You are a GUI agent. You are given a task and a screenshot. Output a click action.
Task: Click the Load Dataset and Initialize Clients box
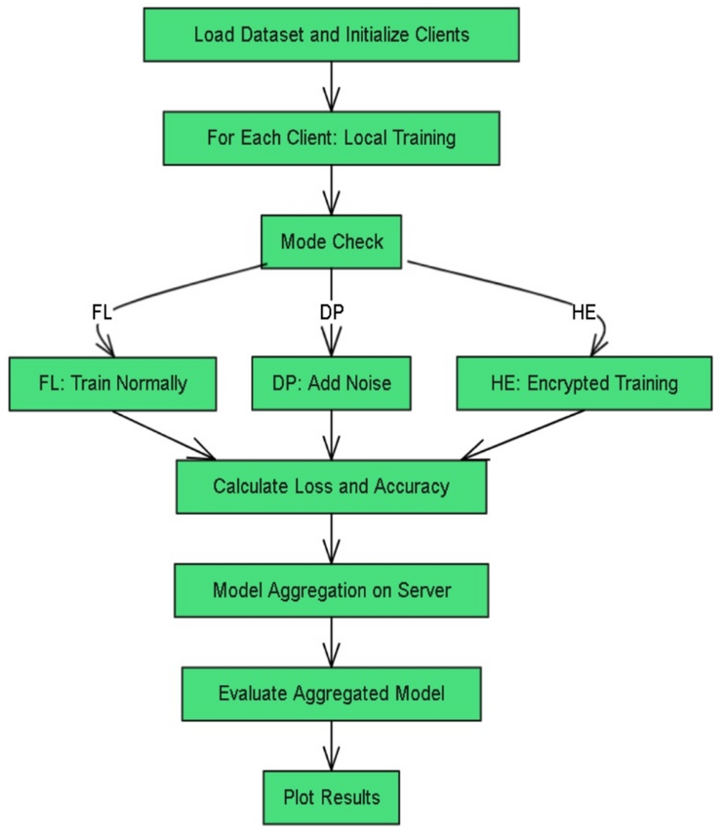[331, 35]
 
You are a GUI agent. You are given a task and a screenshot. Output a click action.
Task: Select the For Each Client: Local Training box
[331, 138]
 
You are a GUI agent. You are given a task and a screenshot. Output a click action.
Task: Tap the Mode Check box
[331, 242]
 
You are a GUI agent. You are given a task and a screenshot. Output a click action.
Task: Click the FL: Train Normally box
[112, 383]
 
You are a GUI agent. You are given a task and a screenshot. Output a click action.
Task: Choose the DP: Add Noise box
[331, 383]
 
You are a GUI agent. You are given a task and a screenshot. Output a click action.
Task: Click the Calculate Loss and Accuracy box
[331, 487]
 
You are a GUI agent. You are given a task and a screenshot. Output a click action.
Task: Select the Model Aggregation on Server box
[331, 590]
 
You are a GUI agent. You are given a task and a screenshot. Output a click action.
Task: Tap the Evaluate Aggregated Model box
[331, 693]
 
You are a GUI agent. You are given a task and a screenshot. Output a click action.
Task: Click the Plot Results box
[331, 797]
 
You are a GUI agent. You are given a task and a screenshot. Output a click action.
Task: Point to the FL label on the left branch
[102, 312]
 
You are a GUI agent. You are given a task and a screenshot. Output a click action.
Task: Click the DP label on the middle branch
[331, 312]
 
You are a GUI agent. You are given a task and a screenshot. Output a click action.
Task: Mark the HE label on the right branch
[584, 312]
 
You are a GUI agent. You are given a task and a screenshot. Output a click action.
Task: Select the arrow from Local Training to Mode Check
[331, 189]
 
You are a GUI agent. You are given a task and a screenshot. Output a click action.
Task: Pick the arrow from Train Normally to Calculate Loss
[164, 435]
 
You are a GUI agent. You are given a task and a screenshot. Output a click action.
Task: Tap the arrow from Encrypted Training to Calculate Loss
[524, 435]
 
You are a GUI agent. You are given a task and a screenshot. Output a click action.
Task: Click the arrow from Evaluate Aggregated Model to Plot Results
[331, 745]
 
